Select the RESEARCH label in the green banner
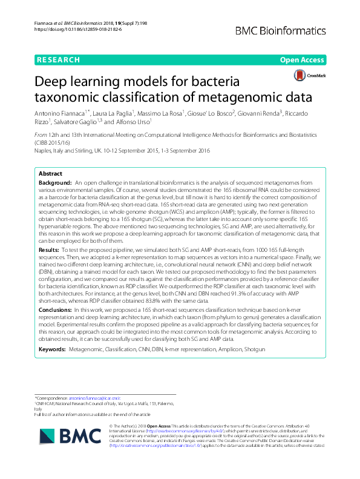[58, 60]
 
